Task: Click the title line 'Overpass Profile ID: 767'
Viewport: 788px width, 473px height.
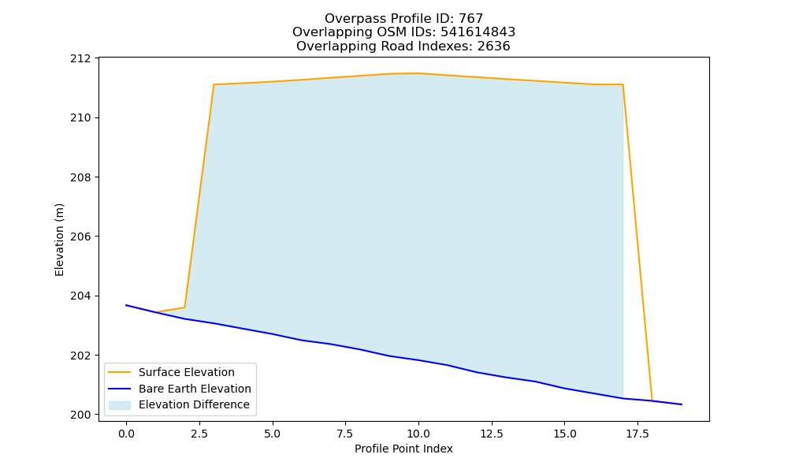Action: click(403, 19)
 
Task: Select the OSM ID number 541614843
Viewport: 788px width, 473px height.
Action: click(478, 32)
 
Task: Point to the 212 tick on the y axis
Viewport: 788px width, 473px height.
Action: click(81, 58)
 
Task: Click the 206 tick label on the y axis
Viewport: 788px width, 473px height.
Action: click(81, 236)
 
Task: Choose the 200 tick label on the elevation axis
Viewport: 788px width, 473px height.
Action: click(81, 415)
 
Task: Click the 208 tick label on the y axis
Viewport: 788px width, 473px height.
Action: click(81, 177)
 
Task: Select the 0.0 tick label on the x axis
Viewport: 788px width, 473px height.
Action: click(126, 434)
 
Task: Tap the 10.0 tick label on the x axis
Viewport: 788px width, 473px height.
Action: click(418, 434)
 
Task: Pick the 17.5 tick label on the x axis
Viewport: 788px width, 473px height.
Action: click(637, 434)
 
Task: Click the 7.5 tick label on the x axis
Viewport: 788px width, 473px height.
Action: click(345, 434)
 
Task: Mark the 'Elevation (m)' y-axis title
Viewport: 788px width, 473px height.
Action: click(59, 240)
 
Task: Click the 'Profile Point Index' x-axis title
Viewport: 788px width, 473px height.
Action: click(403, 449)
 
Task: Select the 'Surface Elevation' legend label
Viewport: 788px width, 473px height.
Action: click(187, 372)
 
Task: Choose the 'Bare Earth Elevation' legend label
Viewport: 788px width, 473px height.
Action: click(195, 389)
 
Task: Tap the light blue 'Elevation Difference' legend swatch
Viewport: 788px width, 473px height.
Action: click(120, 405)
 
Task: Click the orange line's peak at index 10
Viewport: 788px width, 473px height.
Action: click(418, 73)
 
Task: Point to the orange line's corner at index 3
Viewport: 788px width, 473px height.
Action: click(214, 84)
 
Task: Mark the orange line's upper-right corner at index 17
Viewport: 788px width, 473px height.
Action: click(623, 84)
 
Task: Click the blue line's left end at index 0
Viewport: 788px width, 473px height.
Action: click(126, 305)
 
